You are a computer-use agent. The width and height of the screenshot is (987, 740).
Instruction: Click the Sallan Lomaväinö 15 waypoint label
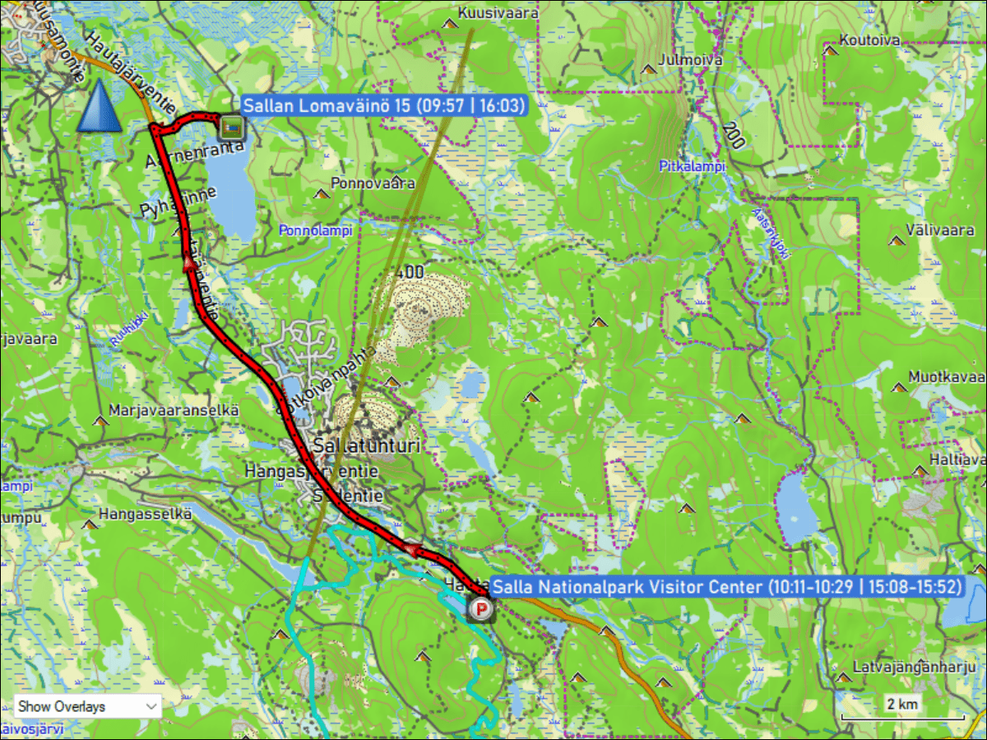pos(383,105)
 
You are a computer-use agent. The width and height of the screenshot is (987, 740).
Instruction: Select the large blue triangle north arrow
pos(99,106)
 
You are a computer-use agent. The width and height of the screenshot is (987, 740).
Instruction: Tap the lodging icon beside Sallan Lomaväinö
pos(230,127)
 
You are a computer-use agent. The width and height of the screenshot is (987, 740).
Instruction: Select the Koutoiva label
pos(870,39)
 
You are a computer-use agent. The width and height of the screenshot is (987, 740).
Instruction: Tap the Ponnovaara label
pos(373,183)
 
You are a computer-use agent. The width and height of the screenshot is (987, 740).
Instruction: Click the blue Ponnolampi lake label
pos(315,230)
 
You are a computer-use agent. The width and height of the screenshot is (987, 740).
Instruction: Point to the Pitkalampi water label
pos(693,166)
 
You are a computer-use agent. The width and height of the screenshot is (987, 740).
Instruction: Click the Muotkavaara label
pos(946,377)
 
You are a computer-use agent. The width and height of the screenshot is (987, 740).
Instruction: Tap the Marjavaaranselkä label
pos(173,409)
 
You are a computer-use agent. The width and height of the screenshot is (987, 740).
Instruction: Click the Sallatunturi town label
pos(366,446)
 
